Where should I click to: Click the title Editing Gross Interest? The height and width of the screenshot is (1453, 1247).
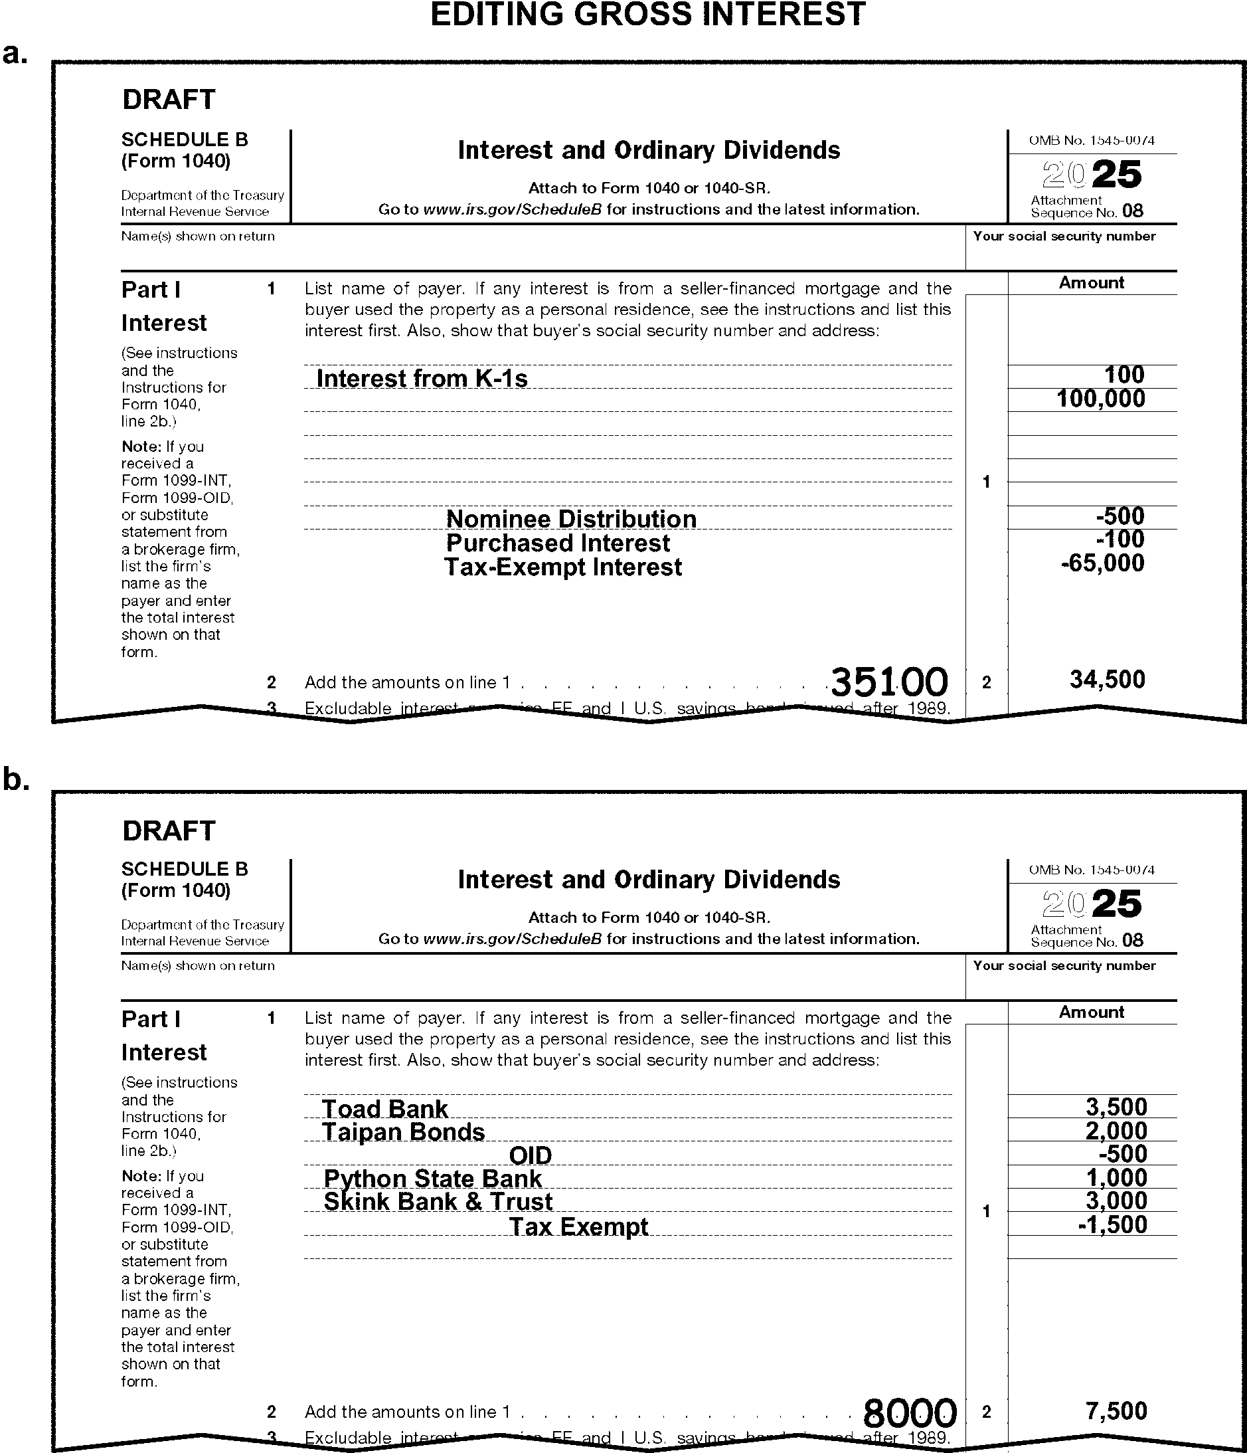[647, 15]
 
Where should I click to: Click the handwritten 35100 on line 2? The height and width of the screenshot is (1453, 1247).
[889, 682]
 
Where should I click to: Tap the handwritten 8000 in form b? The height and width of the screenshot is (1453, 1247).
[910, 1412]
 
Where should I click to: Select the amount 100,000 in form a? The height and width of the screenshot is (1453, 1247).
[1100, 399]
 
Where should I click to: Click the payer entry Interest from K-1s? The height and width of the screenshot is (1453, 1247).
[422, 379]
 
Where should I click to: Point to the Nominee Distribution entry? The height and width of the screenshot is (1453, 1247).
[571, 519]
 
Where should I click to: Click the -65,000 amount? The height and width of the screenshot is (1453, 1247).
[1103, 563]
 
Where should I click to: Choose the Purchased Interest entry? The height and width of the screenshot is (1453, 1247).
[558, 543]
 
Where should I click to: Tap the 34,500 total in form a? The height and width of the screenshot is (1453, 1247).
[1108, 680]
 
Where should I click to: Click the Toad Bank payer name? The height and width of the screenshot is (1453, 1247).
[384, 1109]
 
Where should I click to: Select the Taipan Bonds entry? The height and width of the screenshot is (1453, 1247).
[403, 1132]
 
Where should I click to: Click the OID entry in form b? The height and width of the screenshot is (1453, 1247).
[530, 1155]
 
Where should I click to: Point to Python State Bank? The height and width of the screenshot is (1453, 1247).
[432, 1179]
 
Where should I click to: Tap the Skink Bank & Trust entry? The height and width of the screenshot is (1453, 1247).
[438, 1202]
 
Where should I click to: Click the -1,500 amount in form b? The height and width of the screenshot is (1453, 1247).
[1112, 1225]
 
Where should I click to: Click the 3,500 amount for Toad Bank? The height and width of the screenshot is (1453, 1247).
[1116, 1108]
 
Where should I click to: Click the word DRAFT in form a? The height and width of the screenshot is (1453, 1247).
[169, 100]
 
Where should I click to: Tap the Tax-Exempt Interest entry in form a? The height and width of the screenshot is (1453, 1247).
[563, 567]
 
